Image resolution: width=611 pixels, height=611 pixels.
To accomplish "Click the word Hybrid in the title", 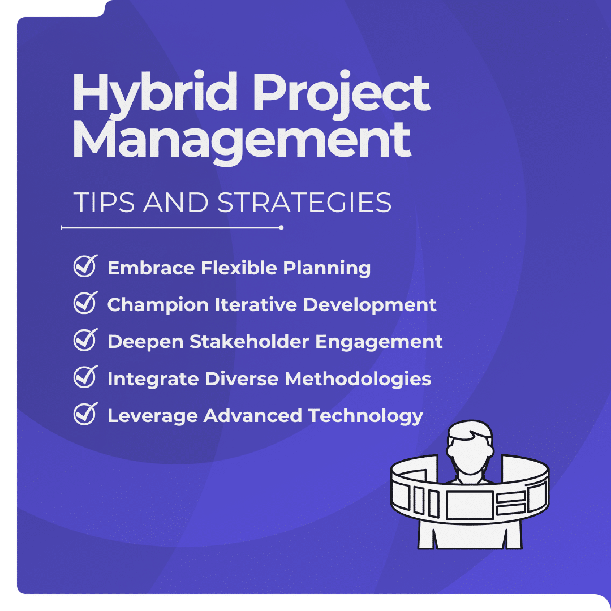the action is [x=154, y=94].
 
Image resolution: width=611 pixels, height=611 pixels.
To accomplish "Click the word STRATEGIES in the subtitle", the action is [x=304, y=203].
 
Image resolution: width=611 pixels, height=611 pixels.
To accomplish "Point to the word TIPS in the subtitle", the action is [x=104, y=203].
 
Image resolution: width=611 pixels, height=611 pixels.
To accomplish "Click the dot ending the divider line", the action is [x=281, y=227].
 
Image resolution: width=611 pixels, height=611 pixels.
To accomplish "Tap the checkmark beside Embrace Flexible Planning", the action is [x=85, y=266].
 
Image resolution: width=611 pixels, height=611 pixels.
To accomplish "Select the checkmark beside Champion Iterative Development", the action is [x=85, y=303].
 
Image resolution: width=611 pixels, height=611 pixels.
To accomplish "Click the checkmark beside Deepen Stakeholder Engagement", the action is [x=85, y=340].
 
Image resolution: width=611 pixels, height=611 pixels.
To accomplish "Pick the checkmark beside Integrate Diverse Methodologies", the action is [x=85, y=377].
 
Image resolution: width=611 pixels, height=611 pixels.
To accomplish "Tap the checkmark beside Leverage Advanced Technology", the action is [x=85, y=414].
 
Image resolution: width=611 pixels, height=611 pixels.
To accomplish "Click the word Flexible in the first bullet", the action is [x=239, y=268].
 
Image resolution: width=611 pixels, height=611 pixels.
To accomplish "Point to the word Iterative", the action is [x=256, y=304].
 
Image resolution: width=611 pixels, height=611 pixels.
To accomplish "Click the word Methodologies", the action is [x=358, y=378].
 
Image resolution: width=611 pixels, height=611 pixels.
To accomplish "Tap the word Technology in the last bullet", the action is [x=365, y=416].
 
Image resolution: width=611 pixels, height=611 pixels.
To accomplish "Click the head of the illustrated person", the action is [x=470, y=448].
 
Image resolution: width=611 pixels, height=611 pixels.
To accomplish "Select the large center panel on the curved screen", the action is [x=470, y=505].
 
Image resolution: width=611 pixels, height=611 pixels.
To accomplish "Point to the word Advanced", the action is [x=252, y=415].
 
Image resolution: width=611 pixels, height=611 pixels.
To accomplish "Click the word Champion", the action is [x=158, y=305].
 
